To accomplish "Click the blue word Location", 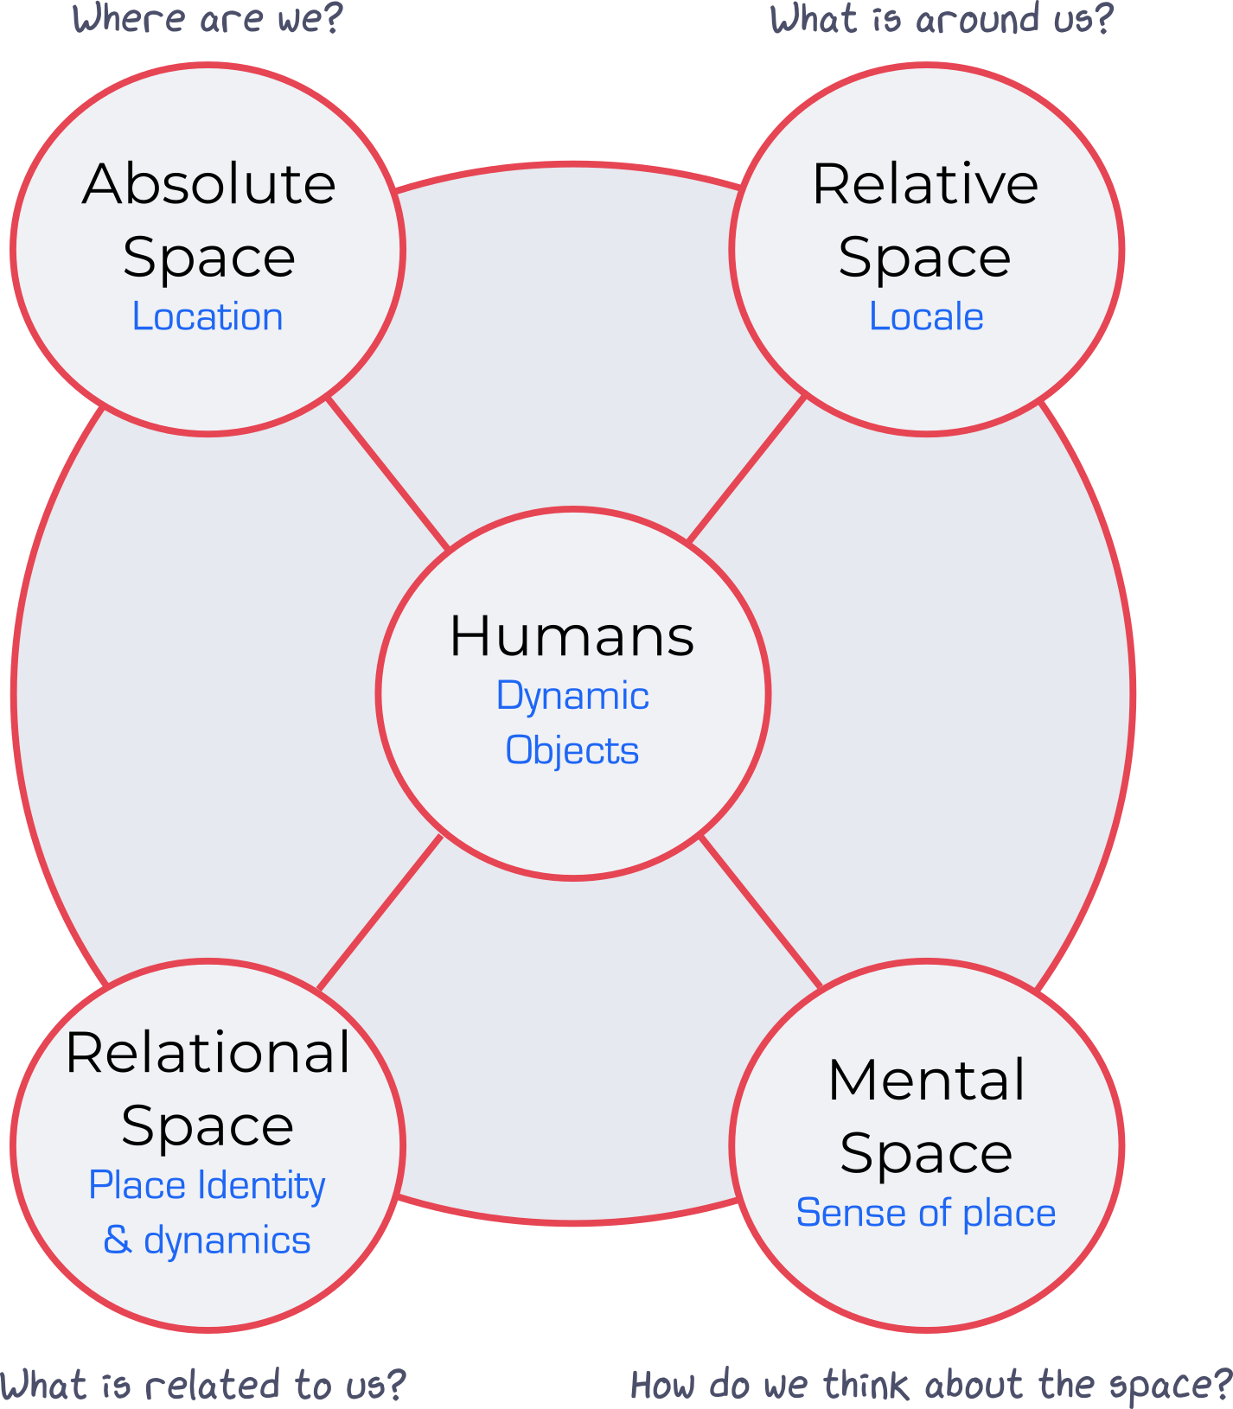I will pos(208,317).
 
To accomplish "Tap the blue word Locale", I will pos(926,317).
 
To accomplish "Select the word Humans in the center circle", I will pos(572,636).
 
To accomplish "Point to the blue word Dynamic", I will pos(572,697).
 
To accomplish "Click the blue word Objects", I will pos(572,750).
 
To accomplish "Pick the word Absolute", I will pos(209,184).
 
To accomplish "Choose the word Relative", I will pos(925,184).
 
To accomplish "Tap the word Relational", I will pos(208,1053).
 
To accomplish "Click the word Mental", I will pos(927,1081).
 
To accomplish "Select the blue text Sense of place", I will pos(926,1214).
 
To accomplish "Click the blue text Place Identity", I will pos(208,1186).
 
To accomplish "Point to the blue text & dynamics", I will pos(208,1241).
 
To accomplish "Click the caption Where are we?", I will pos(208,19).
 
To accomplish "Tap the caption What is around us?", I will pos(942,19).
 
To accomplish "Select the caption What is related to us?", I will pos(202,1385).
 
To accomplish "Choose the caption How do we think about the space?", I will pos(930,1385).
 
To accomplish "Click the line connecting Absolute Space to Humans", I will pos(387,472).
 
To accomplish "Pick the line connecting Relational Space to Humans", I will pos(380,913).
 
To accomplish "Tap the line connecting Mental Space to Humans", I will pos(760,912).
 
